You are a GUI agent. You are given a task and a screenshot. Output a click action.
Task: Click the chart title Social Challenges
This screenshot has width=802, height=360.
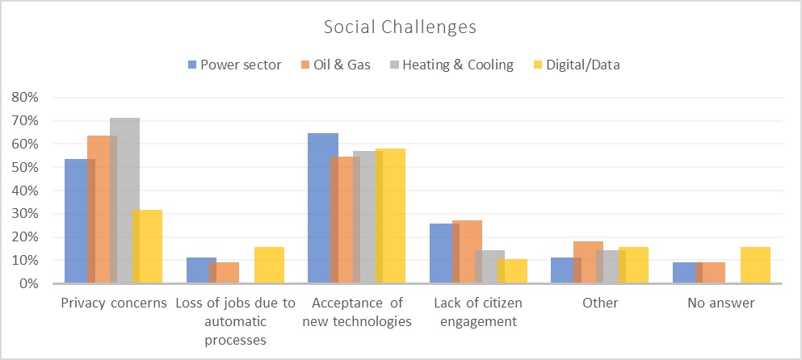400,27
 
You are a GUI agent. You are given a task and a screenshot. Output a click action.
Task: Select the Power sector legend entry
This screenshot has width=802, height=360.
234,65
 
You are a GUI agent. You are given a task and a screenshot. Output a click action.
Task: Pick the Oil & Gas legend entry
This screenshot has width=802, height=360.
334,65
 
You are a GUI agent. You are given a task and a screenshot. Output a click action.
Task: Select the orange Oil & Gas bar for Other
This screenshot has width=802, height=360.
589,262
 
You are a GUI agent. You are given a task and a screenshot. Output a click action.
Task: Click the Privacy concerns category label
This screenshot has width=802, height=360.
114,304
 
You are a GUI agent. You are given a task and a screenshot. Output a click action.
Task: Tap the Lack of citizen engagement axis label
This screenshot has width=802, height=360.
477,312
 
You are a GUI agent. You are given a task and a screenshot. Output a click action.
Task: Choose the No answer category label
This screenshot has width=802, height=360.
721,304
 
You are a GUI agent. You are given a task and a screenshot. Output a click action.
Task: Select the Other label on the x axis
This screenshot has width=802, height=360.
599,304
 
